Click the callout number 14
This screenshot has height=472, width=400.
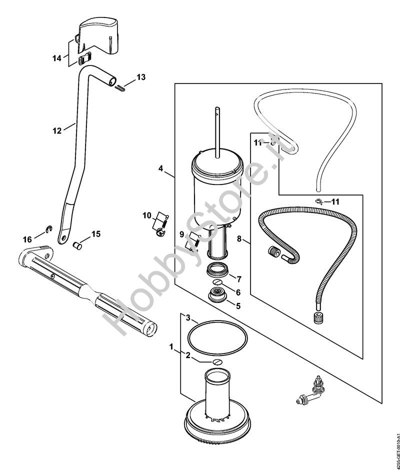coord(56,58)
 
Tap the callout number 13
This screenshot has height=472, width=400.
coord(141,77)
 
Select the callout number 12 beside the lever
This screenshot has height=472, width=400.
coord(57,130)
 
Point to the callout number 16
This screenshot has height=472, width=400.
coord(27,239)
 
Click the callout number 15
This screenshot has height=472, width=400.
coord(96,233)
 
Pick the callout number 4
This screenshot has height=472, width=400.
coord(161,168)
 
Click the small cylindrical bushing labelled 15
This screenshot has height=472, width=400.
coord(78,245)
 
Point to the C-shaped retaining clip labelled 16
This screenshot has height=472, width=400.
coord(49,229)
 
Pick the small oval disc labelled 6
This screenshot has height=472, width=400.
coord(217,282)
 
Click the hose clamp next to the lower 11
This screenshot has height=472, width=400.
coord(319,201)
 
